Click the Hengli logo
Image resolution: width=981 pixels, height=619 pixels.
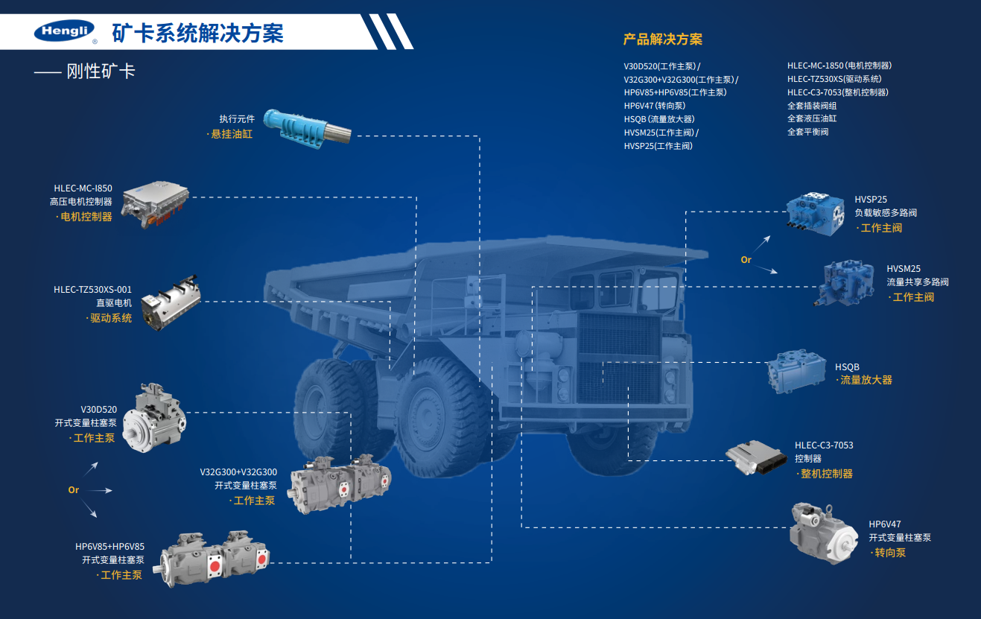(x=64, y=31)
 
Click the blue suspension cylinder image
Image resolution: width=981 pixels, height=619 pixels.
(x=307, y=129)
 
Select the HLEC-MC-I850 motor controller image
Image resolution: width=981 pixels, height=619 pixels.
(x=155, y=204)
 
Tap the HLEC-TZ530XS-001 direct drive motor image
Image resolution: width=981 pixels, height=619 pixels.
(x=171, y=303)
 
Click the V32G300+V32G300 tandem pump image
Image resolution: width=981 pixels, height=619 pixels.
(x=339, y=484)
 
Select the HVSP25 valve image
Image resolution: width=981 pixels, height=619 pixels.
(x=815, y=214)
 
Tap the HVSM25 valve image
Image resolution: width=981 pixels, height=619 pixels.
(x=843, y=282)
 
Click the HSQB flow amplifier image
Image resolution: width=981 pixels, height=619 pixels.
(x=796, y=371)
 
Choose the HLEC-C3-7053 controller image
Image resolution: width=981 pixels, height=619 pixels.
(x=756, y=457)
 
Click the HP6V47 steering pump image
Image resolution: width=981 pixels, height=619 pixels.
(x=823, y=533)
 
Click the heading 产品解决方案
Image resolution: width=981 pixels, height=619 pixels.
(x=663, y=39)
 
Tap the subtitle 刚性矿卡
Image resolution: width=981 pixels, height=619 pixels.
(x=101, y=71)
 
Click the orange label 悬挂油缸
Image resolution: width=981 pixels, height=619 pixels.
(x=232, y=134)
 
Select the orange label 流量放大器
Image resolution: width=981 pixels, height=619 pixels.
(x=866, y=380)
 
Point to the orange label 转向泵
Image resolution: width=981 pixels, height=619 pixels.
(x=890, y=553)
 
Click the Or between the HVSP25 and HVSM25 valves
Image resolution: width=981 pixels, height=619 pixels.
(x=746, y=260)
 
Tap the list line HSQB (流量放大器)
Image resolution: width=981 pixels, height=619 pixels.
(x=659, y=119)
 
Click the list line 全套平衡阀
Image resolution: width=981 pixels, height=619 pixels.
(x=807, y=132)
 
